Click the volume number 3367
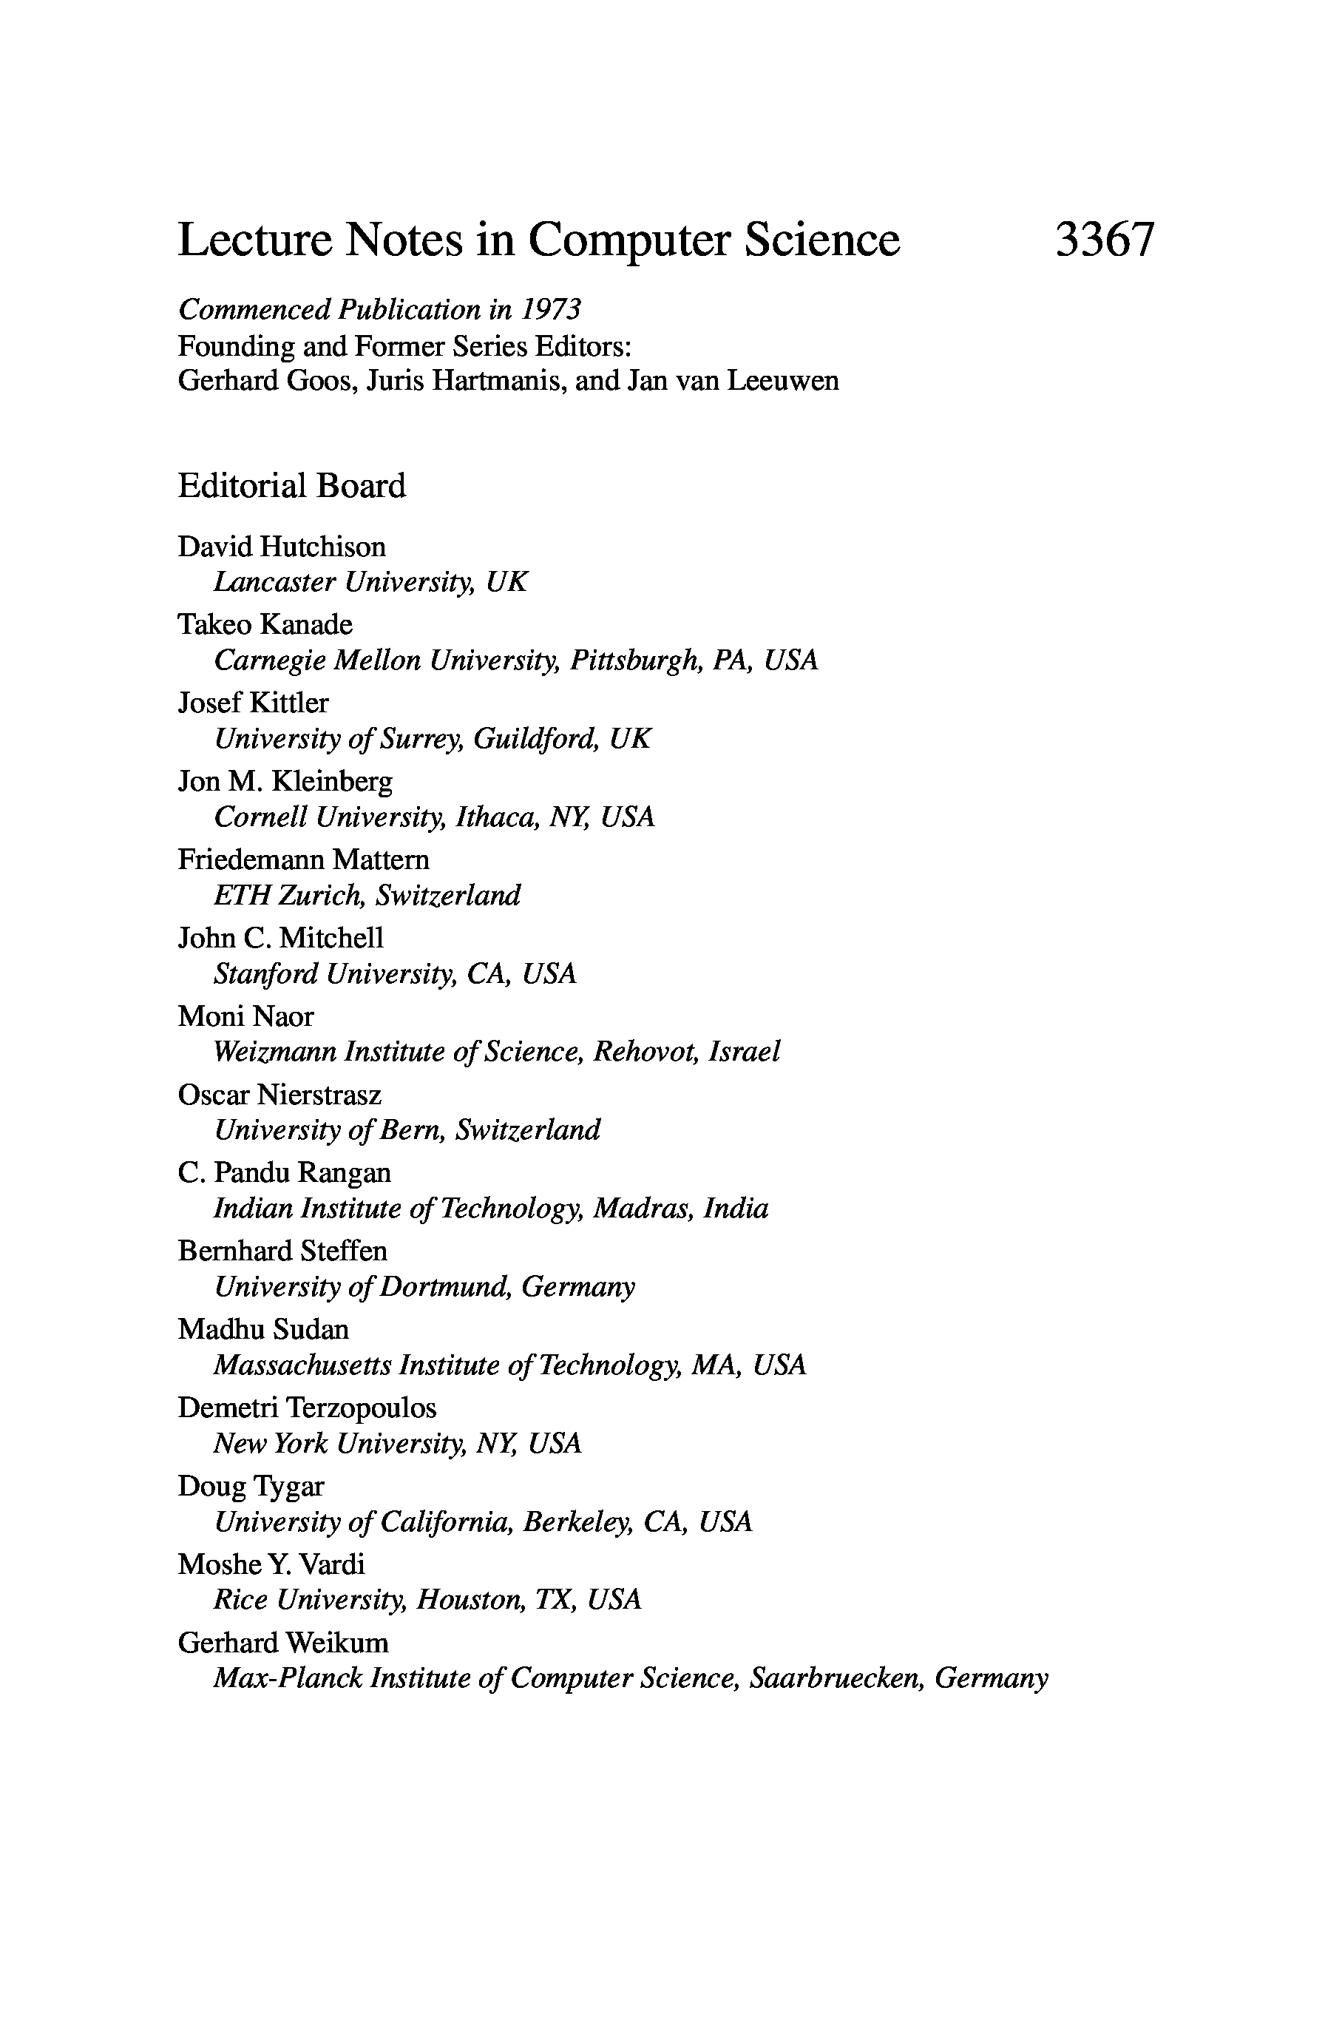tap(1104, 240)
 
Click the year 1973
tap(553, 309)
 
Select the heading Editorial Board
tap(291, 485)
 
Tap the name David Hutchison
tap(281, 546)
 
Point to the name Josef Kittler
tap(253, 703)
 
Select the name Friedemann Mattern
tap(303, 859)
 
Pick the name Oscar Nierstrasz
tap(279, 1094)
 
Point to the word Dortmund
tap(444, 1286)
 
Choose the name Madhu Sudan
tap(263, 1329)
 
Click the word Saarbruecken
tap(836, 1678)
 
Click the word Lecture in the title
tap(254, 240)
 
